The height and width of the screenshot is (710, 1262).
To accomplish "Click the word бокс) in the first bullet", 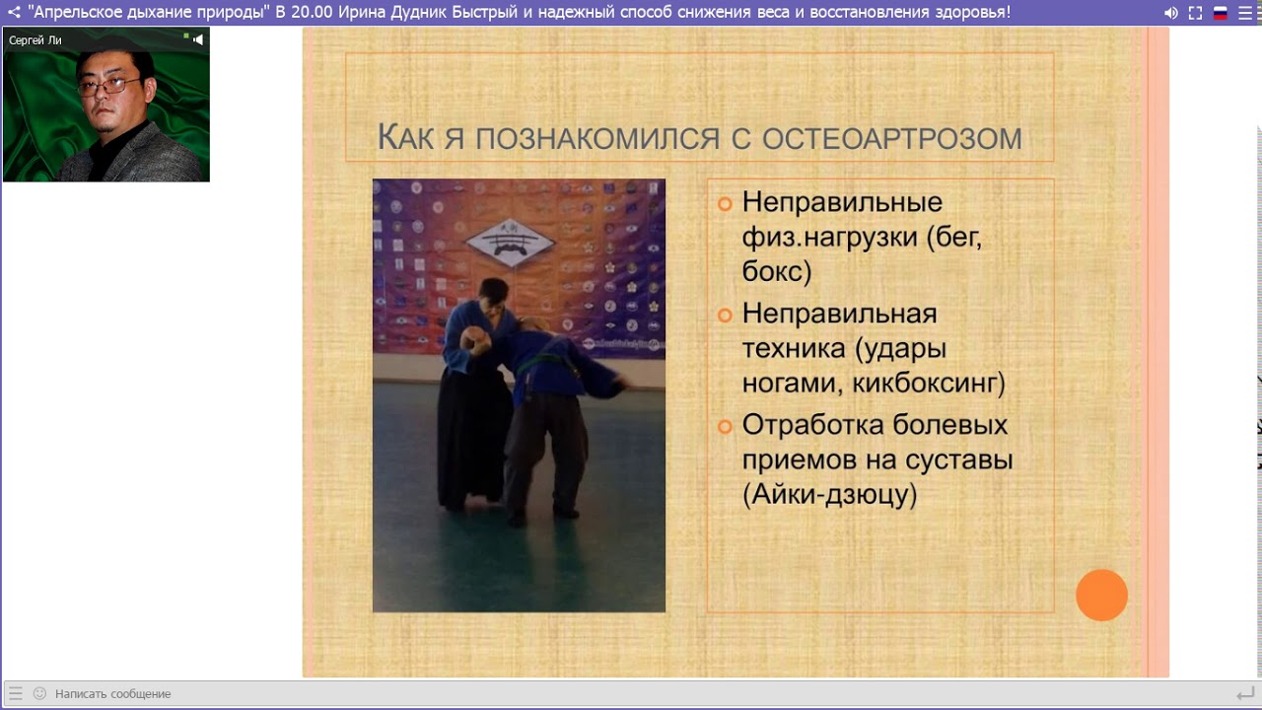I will pyautogui.click(x=777, y=272).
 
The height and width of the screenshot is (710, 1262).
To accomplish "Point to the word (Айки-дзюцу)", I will pyautogui.click(x=829, y=495).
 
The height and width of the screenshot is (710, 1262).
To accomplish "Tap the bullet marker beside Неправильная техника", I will pyautogui.click(x=725, y=315).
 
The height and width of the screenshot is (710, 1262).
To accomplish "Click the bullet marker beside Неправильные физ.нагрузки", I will pyautogui.click(x=725, y=203).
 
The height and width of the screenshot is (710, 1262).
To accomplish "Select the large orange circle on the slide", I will pyautogui.click(x=1101, y=596).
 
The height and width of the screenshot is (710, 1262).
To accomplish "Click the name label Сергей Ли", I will pyautogui.click(x=35, y=40).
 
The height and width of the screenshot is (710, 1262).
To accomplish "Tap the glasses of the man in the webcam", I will pyautogui.click(x=108, y=86).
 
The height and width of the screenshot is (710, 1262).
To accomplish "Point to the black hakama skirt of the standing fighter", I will pyautogui.click(x=472, y=434).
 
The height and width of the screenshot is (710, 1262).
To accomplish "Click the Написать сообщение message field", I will pyautogui.click(x=112, y=694).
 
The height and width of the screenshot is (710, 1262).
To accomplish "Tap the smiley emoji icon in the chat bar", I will pyautogui.click(x=39, y=693).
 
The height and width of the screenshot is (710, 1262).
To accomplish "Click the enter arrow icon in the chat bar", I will pyautogui.click(x=1244, y=694).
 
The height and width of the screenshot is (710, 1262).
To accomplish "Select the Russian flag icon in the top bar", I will pyautogui.click(x=1220, y=13).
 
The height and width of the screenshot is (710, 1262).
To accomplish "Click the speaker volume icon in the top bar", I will pyautogui.click(x=1170, y=13).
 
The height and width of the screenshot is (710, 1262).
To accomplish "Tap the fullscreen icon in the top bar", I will pyautogui.click(x=1195, y=13).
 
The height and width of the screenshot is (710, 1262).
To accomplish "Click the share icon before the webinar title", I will pyautogui.click(x=14, y=13).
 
